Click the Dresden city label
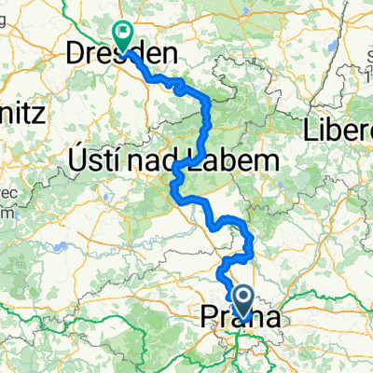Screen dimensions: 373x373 111,55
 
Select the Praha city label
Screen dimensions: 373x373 239,319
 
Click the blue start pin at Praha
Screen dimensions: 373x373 243,302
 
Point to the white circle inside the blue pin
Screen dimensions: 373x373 243,297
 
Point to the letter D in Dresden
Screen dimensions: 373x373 75,55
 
